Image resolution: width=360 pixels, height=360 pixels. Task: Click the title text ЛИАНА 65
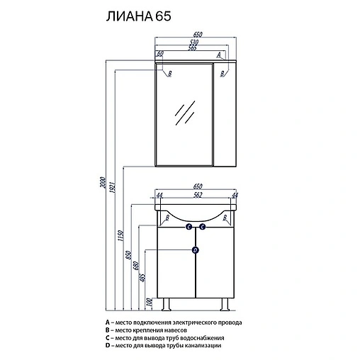[x=138, y=16]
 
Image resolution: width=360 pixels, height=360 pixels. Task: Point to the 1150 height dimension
[x=121, y=235]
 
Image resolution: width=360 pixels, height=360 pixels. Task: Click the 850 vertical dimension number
[x=129, y=255]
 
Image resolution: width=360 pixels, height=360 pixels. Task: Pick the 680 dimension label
[x=135, y=266]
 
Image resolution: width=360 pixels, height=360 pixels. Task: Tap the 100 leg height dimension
[x=149, y=303]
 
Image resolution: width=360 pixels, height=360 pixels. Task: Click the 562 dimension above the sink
[x=198, y=195]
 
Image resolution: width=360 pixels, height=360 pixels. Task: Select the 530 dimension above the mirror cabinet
[x=193, y=43]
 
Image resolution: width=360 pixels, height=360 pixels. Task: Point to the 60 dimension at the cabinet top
[x=160, y=54]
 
